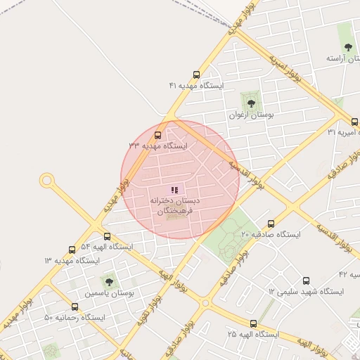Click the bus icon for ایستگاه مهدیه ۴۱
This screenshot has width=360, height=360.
(x=195, y=74)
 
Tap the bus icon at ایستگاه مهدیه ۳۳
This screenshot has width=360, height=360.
(x=157, y=134)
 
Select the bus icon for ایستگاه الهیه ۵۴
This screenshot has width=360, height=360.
(x=107, y=236)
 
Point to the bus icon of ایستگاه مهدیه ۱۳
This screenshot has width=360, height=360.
(x=72, y=250)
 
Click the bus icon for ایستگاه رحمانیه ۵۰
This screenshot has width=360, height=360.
(x=75, y=307)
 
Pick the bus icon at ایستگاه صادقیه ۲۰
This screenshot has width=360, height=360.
(x=271, y=224)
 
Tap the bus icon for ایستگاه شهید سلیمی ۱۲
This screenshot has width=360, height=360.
(x=305, y=280)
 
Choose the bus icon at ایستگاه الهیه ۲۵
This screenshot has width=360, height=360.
(x=253, y=324)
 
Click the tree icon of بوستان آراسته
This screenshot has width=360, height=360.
(x=348, y=47)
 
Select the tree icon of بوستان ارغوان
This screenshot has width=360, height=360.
(x=251, y=103)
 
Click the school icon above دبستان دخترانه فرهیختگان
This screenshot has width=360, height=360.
(x=174, y=190)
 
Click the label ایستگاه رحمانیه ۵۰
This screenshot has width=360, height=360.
(x=74, y=317)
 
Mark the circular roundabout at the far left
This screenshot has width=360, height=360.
(x=47, y=181)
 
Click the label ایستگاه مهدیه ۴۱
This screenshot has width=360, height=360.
(x=195, y=85)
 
